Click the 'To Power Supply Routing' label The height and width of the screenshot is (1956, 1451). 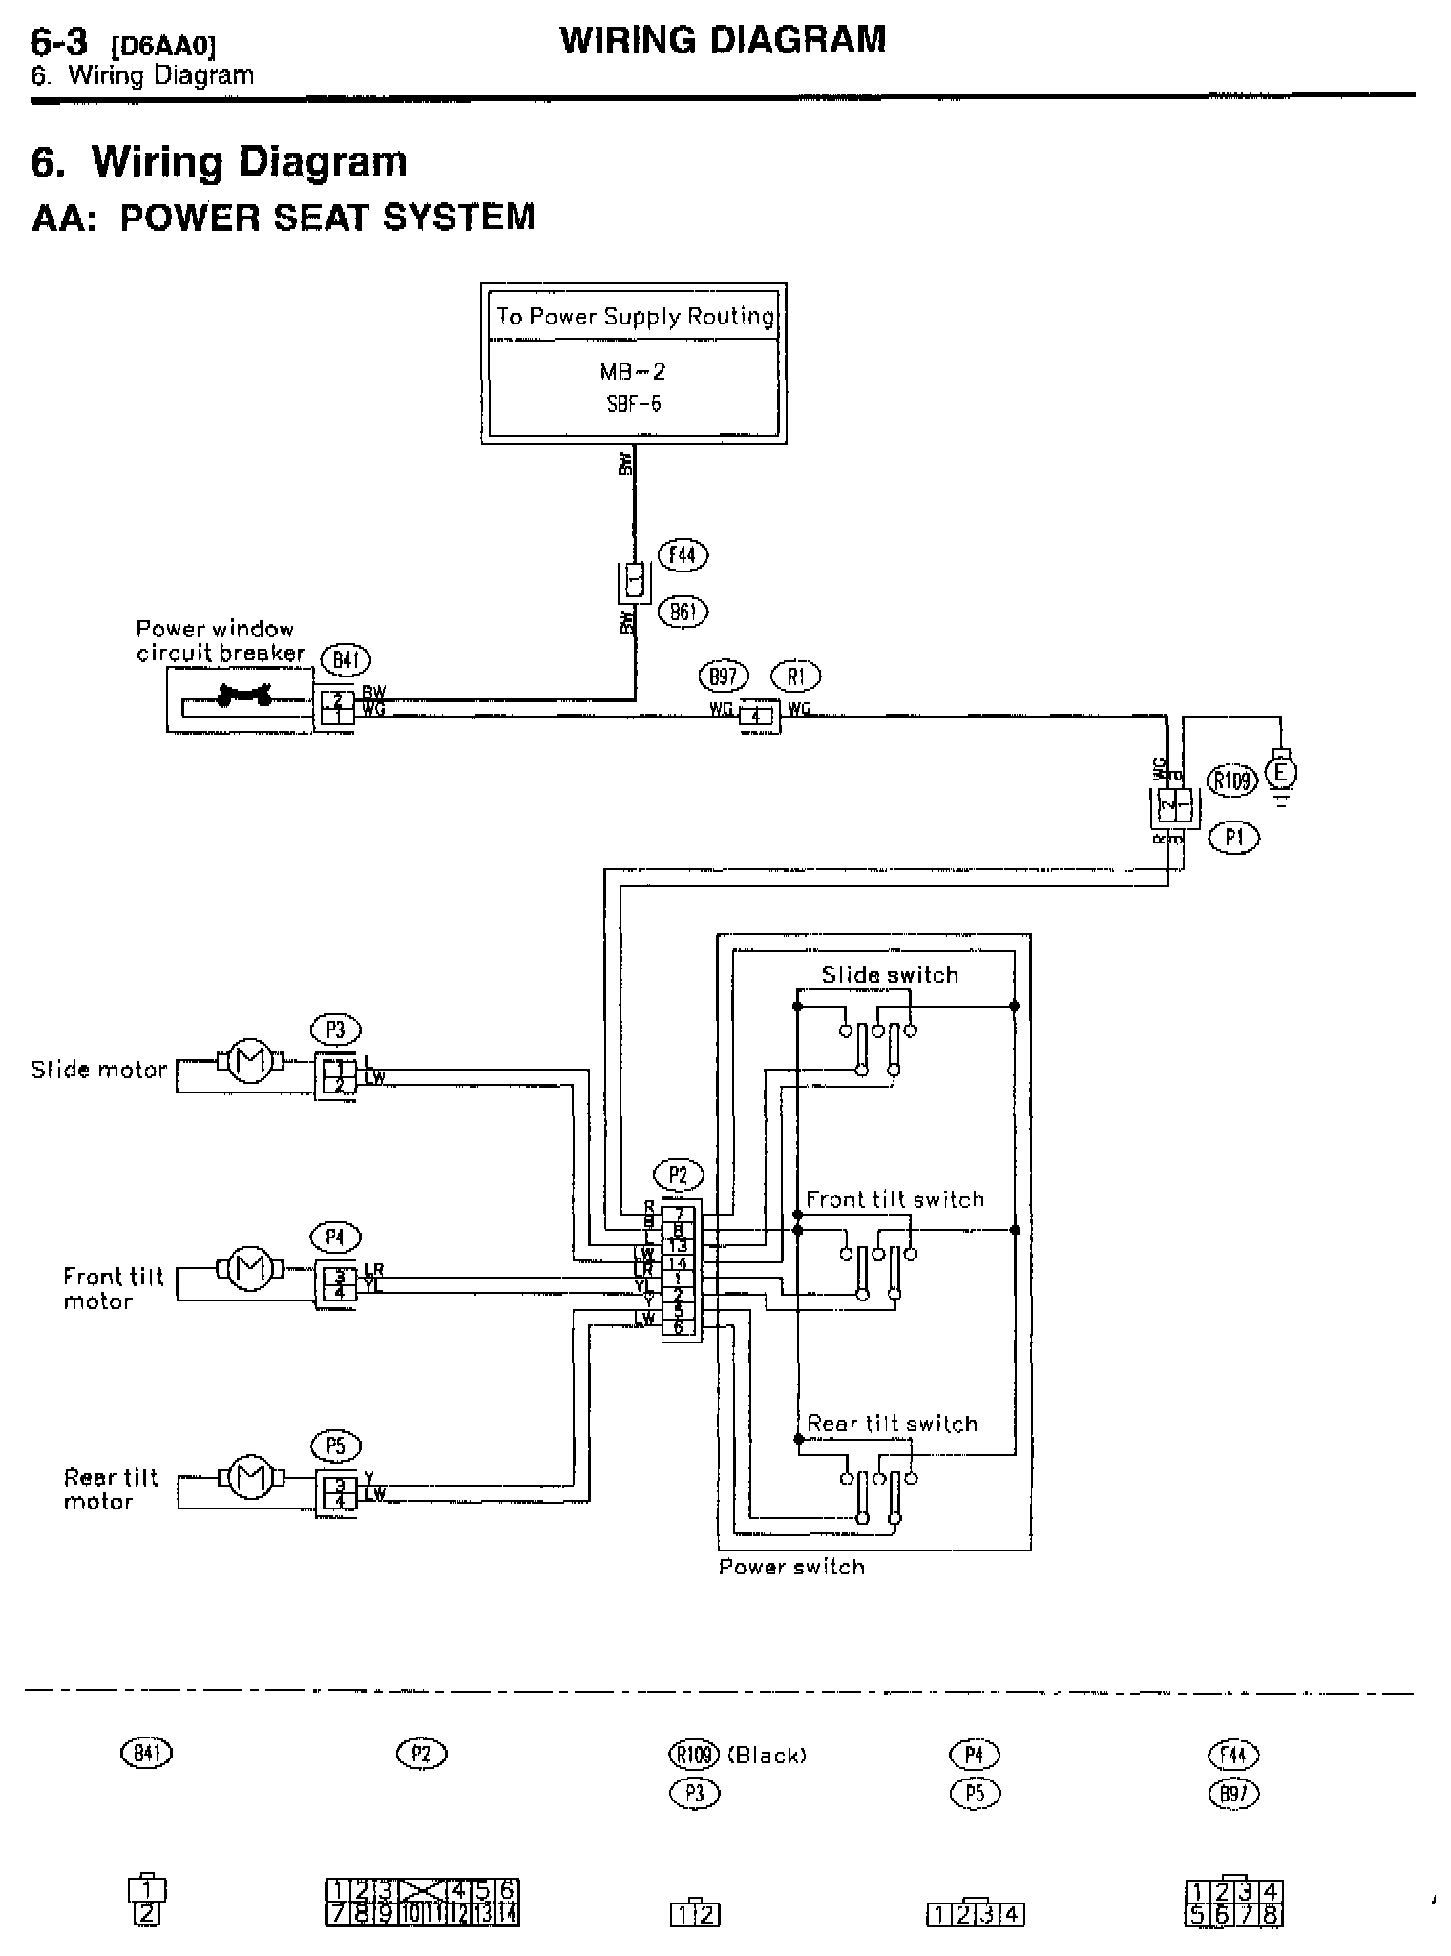tap(634, 316)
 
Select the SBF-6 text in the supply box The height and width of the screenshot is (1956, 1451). tap(634, 404)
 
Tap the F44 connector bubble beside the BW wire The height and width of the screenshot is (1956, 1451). tap(683, 555)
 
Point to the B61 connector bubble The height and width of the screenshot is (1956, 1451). tap(683, 612)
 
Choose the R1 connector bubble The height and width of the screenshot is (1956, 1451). tap(796, 676)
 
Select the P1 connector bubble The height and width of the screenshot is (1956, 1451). tap(1233, 838)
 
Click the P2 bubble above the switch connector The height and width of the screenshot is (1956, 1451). tap(678, 1176)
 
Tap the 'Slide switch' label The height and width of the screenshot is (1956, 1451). tap(890, 975)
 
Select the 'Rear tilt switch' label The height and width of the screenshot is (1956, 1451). tap(892, 1424)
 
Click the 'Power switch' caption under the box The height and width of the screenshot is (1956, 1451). tap(791, 1567)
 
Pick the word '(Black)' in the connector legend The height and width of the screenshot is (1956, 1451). tap(768, 1756)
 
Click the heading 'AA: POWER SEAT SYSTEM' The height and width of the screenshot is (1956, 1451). tap(284, 218)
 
